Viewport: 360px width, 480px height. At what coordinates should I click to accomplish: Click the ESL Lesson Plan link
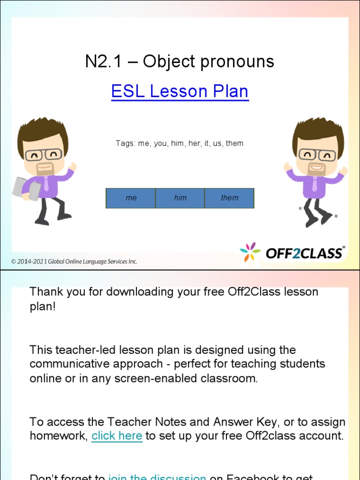coord(180,91)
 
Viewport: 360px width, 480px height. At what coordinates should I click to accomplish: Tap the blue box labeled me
coord(131,198)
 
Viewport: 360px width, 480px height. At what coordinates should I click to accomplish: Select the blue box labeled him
coord(180,198)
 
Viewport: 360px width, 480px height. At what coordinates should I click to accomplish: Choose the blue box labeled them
coord(230,198)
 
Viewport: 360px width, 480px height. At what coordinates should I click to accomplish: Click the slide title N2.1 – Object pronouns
coord(180,61)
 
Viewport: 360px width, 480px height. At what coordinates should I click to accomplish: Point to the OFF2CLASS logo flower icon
coord(250,252)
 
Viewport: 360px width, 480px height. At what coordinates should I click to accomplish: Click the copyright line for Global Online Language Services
coord(75,262)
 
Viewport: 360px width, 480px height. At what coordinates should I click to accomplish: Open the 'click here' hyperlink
coord(117,435)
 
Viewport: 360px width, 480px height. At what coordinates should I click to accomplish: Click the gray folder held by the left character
coord(26,188)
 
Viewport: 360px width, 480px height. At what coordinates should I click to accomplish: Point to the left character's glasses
coord(43,155)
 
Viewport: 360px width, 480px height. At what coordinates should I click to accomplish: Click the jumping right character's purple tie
coord(315,184)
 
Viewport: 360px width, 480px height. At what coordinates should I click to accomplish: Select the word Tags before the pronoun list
coord(125,143)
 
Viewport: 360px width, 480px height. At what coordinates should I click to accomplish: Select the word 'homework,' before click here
coord(59,435)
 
